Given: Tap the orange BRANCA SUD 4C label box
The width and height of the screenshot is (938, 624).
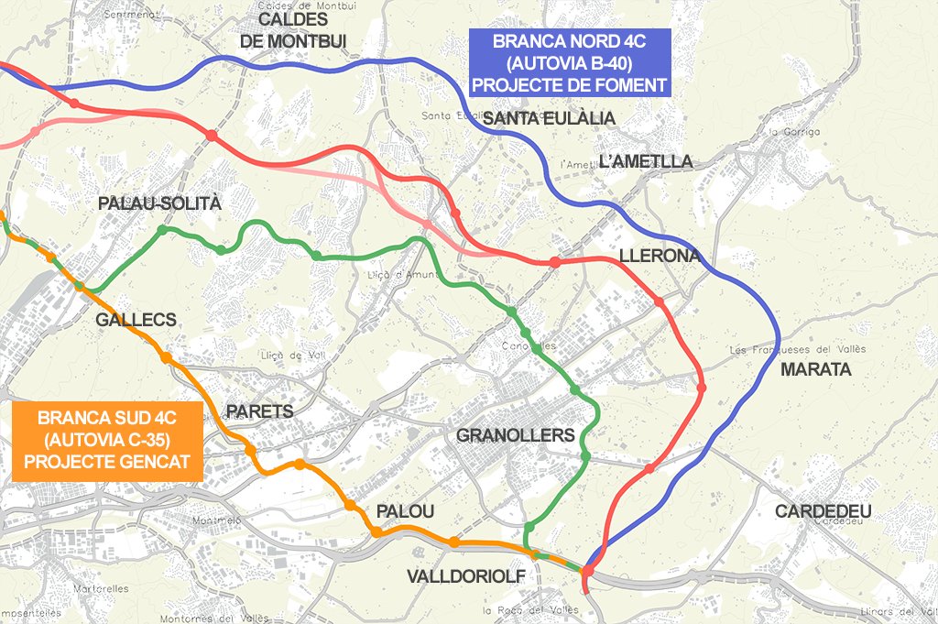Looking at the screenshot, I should tap(107, 441).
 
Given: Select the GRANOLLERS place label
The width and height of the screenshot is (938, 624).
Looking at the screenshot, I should tap(515, 435).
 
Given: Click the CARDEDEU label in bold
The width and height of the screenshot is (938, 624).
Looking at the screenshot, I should tap(823, 510).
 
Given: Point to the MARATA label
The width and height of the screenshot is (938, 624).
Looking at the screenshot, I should tap(816, 370).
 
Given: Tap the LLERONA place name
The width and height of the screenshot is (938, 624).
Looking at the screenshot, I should tap(660, 256).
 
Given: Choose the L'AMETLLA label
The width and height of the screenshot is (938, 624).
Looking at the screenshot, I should tap(645, 162).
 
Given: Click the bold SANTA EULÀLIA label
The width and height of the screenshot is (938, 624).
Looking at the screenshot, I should tap(549, 119).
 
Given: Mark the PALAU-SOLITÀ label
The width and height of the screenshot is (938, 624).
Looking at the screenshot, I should tap(159, 203).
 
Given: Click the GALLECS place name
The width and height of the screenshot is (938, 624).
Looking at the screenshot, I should tap(136, 320).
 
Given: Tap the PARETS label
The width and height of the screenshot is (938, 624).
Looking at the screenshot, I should tap(259, 411).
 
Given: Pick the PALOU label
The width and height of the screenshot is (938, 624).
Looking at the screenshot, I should tap(405, 512).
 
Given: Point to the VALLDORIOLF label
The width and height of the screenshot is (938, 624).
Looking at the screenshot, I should tap(466, 575).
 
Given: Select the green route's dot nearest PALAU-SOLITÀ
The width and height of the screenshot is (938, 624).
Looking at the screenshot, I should tap(163, 230).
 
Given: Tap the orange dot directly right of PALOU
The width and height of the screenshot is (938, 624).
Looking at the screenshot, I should tap(454, 542).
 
